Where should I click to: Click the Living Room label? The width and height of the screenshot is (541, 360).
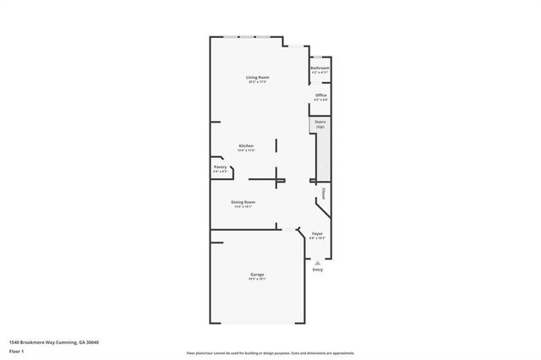pos(258,78)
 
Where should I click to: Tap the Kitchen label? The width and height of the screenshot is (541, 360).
pos(246,145)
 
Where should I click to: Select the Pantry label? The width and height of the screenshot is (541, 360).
pos(220,166)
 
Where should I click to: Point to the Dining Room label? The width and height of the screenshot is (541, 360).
pos(243,201)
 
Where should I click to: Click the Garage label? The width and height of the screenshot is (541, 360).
pos(257,275)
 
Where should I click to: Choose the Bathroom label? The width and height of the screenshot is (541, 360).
pos(320,68)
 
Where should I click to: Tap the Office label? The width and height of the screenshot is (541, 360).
pos(320,95)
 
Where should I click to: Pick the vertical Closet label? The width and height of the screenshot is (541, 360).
pos(324,193)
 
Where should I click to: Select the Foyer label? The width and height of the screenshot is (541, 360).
pos(317,233)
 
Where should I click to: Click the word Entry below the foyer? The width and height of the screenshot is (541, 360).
pos(317,270)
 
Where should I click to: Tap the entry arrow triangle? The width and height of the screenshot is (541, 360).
pos(317,262)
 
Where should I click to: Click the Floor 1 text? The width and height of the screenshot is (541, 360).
pos(16,349)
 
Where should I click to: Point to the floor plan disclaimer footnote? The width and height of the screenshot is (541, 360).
pos(270,352)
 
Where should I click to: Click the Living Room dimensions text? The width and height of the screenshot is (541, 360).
pos(258,83)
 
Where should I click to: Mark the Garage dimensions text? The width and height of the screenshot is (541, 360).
pos(257,281)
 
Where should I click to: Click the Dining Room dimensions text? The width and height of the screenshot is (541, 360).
pos(243,206)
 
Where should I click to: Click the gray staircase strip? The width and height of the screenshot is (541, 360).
pos(322,156)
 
